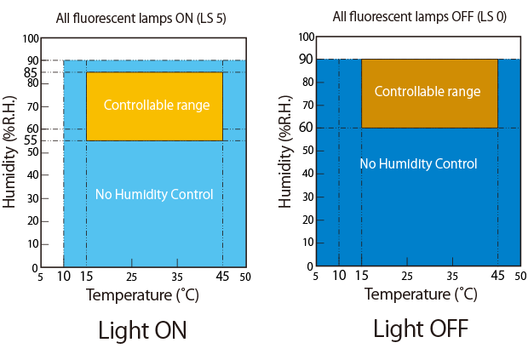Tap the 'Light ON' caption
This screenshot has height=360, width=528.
click(142, 330)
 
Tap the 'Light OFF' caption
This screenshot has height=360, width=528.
click(420, 329)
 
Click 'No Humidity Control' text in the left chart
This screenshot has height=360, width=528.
click(154, 195)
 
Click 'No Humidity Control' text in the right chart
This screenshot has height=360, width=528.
click(418, 163)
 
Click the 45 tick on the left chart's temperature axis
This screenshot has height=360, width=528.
click(222, 277)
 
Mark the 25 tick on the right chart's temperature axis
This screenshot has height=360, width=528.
click(407, 276)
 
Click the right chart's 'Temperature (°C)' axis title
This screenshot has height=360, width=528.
click(421, 294)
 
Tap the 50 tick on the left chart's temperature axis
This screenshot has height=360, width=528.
click(245, 277)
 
